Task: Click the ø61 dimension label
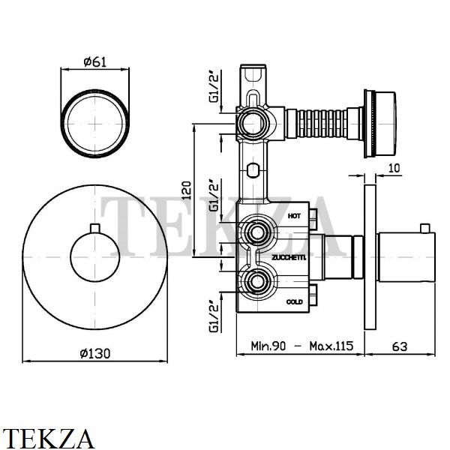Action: point(94,61)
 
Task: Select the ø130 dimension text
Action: point(95,353)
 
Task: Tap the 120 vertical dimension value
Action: point(187,190)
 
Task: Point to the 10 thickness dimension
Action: point(394,168)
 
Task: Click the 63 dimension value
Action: point(400,346)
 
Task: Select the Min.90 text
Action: point(268,346)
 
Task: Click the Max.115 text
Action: point(331,346)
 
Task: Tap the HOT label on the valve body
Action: point(294,216)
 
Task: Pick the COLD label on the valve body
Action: point(295,302)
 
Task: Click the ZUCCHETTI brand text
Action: point(289,258)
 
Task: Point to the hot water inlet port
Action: point(257,232)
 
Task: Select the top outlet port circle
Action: point(253,123)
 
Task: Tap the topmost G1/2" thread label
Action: point(214,88)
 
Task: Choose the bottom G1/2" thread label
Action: point(214,316)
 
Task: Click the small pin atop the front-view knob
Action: point(94,228)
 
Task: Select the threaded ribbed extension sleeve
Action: point(322,124)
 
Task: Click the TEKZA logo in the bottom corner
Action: point(47,438)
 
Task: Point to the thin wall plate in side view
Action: point(370,257)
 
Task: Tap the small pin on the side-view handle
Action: point(425,229)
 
